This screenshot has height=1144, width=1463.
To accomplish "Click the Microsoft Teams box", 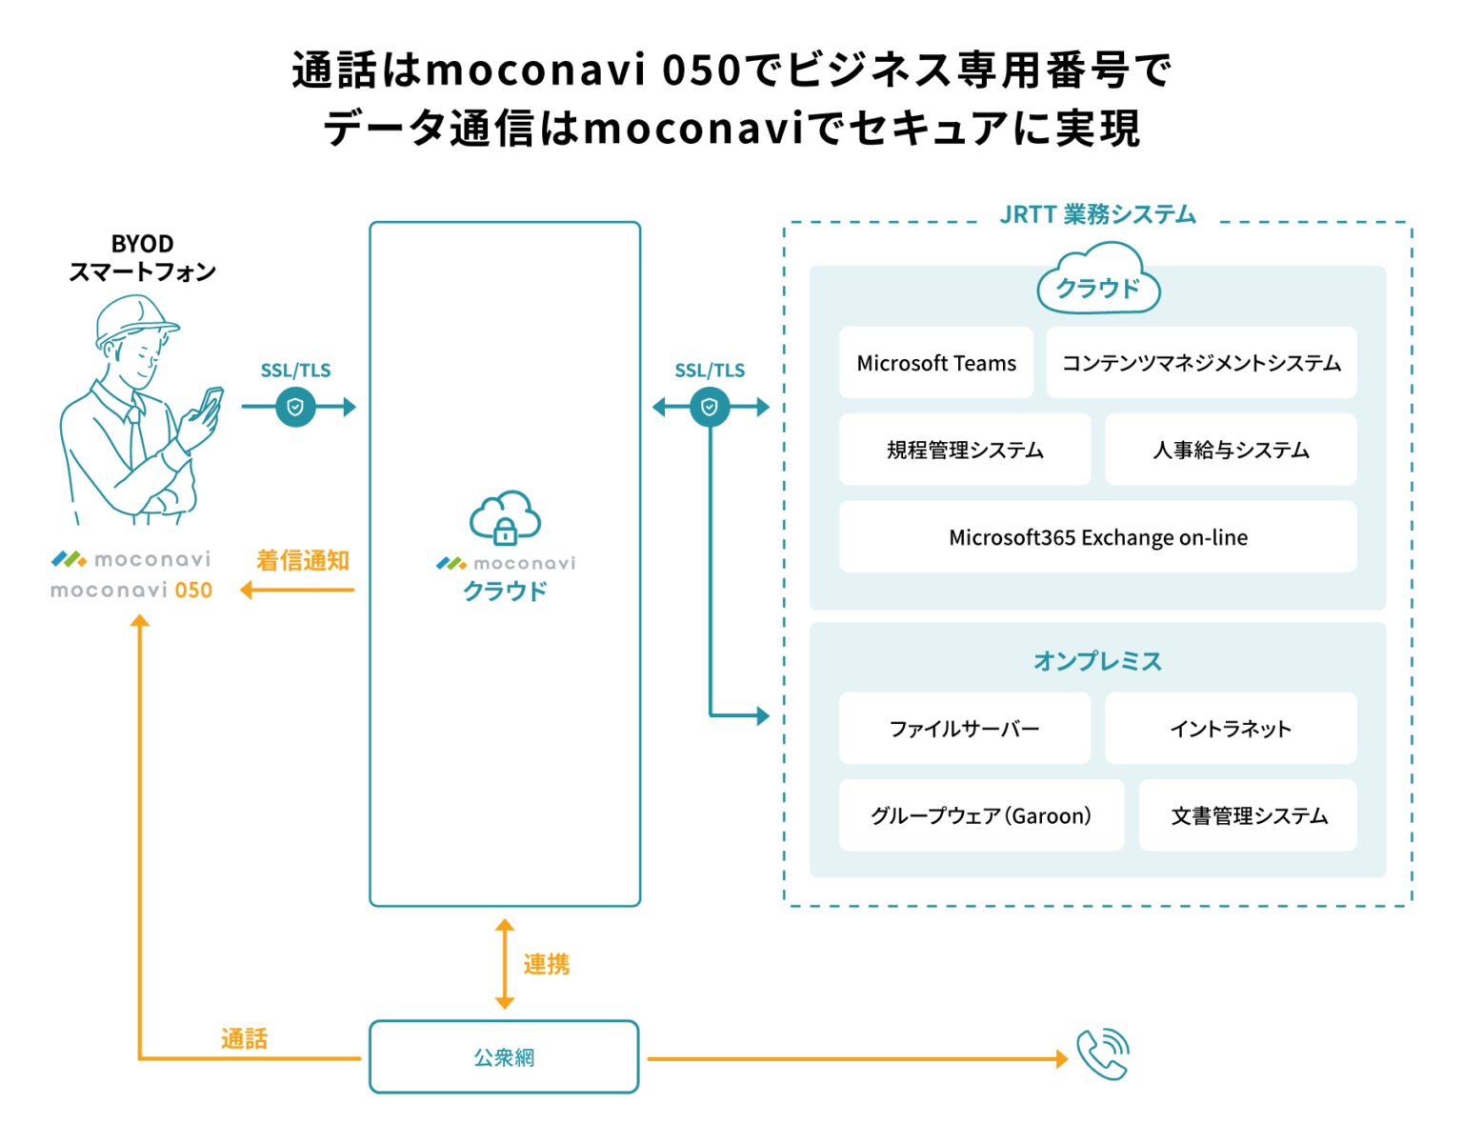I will tap(935, 363).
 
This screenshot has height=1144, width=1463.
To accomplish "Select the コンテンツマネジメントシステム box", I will tap(1200, 363).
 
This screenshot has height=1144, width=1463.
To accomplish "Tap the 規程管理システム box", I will tap(964, 450).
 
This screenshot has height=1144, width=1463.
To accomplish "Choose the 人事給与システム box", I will tap(1230, 450).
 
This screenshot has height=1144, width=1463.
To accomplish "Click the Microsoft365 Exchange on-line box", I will tap(1097, 537).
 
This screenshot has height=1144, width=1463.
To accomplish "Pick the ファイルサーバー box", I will tap(964, 729).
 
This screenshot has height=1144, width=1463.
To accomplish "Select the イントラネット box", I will tap(1230, 729).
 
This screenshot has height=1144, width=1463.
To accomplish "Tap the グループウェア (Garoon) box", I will tap(980, 815).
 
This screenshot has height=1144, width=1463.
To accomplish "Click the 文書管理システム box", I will tap(1248, 815).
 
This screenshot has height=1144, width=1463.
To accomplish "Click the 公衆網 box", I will tap(504, 1057).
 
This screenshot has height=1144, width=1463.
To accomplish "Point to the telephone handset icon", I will tap(1102, 1054).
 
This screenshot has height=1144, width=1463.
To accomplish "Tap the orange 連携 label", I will tap(546, 965).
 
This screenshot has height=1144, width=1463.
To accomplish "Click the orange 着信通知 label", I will tap(302, 560).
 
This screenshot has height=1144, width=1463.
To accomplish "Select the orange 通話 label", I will tap(244, 1038).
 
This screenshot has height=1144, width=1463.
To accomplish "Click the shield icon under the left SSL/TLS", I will tap(295, 408).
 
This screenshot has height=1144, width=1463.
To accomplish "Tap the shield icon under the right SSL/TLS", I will tap(710, 408).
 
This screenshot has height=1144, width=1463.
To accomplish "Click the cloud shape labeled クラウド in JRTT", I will tap(1097, 281).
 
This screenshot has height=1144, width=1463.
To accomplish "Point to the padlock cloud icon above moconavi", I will tap(505, 519).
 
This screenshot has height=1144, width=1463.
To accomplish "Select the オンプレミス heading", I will tap(1097, 661).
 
